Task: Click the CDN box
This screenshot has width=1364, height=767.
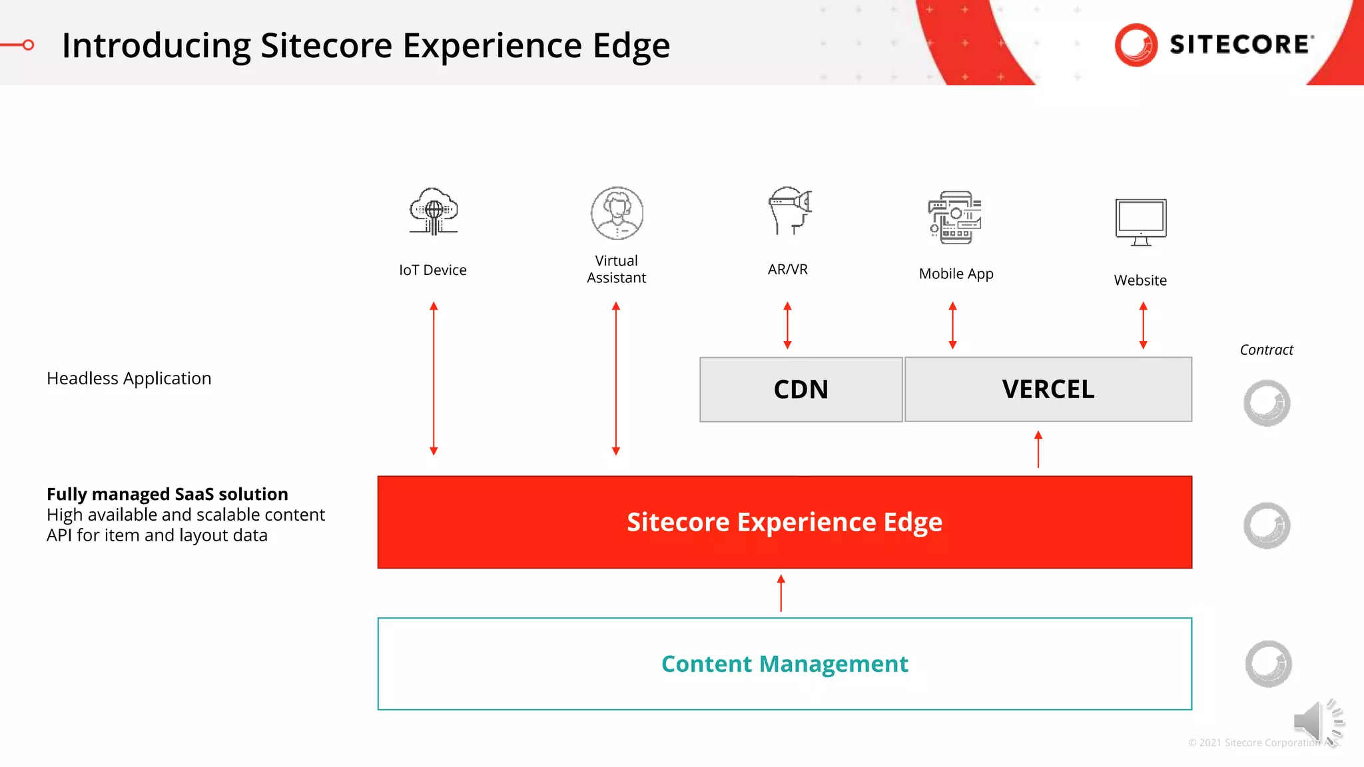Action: click(x=801, y=389)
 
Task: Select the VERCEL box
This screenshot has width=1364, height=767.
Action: click(x=1048, y=389)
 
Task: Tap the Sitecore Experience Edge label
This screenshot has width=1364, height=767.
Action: click(x=784, y=522)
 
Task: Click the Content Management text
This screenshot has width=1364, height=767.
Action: click(x=784, y=664)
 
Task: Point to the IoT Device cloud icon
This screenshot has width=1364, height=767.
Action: click(x=434, y=212)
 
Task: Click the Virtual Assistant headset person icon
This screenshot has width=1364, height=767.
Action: click(x=617, y=213)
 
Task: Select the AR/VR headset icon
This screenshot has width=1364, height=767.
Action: click(x=789, y=210)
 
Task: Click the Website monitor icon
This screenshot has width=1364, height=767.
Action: click(x=1140, y=222)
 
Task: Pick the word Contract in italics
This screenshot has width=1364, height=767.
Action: click(x=1266, y=350)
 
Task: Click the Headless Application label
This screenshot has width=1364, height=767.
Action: click(x=129, y=378)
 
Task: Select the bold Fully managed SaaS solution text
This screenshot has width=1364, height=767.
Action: click(x=167, y=494)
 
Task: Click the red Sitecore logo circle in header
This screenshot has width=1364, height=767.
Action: click(x=1136, y=45)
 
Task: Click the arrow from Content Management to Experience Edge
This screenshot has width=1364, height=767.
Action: click(x=781, y=593)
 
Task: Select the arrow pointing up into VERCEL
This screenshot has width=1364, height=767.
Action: click(x=1038, y=449)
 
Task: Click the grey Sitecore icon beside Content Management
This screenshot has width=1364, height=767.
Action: click(x=1267, y=664)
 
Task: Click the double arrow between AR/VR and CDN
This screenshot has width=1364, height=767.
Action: click(x=787, y=325)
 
